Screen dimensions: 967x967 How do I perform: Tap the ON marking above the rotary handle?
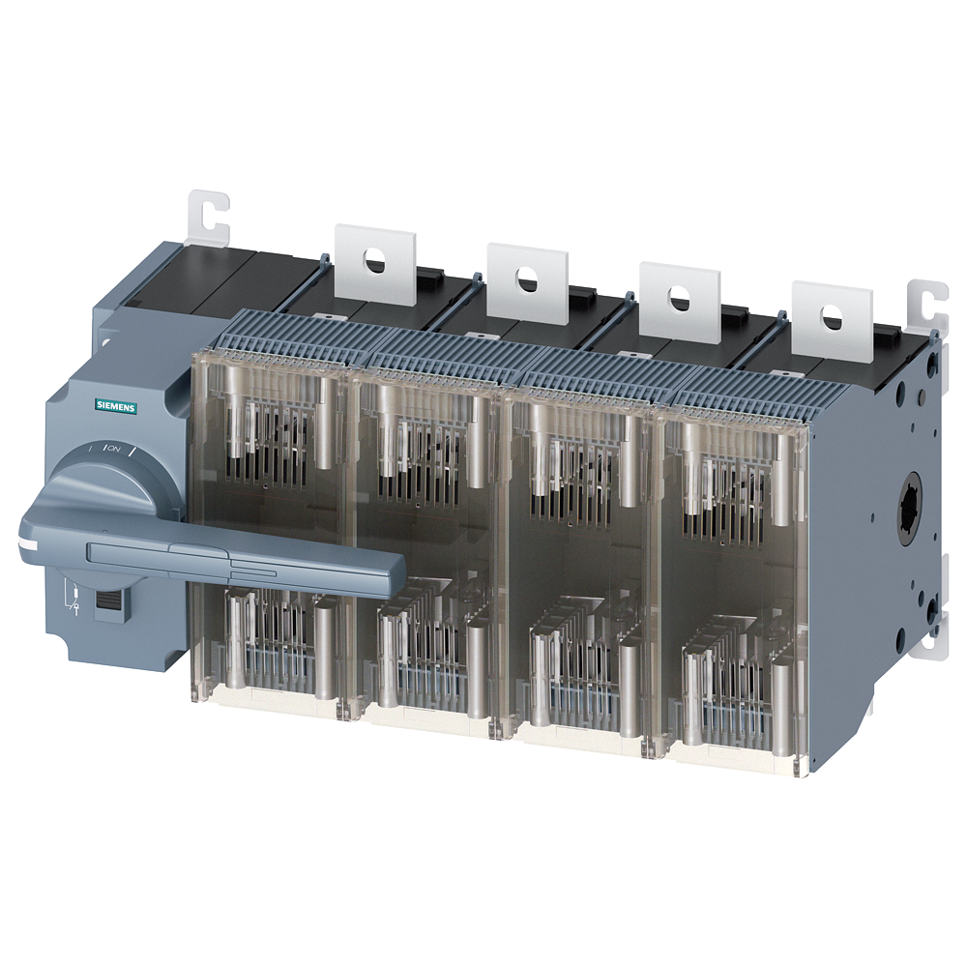click(113, 448)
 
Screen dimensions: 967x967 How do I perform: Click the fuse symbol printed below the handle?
click(73, 597)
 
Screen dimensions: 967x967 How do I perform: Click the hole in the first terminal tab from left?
click(372, 260)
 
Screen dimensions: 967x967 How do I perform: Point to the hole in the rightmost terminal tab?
click(829, 316)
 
